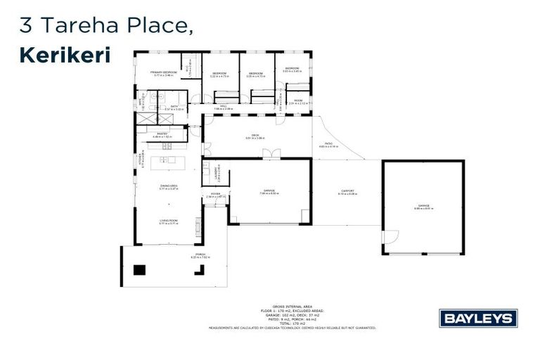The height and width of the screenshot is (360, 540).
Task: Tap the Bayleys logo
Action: [478, 318]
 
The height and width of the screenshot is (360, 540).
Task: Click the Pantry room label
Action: [162, 134]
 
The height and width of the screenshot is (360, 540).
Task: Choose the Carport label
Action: [347, 192]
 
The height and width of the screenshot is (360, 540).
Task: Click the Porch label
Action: [200, 256]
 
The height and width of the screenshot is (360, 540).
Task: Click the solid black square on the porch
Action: [139, 269]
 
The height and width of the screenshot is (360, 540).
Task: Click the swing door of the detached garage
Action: [390, 237]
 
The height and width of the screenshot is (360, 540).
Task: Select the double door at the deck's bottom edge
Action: [271, 153]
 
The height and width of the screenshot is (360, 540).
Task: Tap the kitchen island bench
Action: [167, 161]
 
